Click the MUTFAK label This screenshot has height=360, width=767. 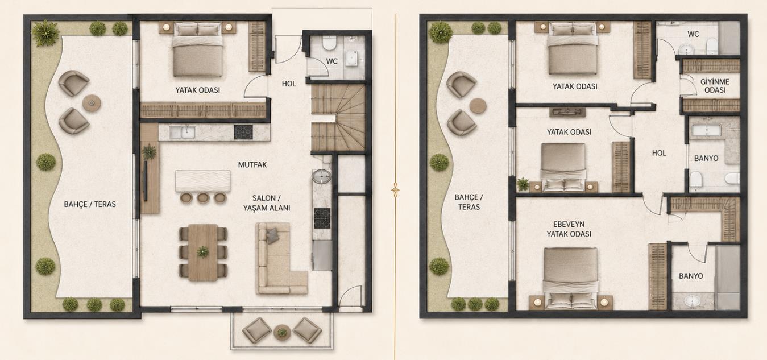click(x=252, y=165)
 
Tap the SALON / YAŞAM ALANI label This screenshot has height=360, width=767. click(x=267, y=203)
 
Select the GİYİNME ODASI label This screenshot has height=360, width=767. click(x=715, y=86)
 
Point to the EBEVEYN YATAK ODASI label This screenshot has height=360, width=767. click(x=569, y=229)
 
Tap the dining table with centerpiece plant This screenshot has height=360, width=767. click(x=203, y=253)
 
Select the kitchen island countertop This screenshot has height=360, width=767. click(x=203, y=181)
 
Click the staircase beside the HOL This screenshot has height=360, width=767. click(x=338, y=118)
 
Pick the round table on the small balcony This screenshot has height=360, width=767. click(x=282, y=332)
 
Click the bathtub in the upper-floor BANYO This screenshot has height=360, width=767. click(x=707, y=130)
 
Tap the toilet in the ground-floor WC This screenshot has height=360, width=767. click(x=329, y=43)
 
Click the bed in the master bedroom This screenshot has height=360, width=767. click(x=571, y=278)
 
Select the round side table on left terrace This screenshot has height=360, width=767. click(x=92, y=102)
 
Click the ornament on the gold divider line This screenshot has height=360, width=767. click(x=396, y=188)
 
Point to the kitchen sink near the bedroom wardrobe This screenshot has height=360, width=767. click(x=183, y=132)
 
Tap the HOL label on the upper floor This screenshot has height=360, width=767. click(x=659, y=153)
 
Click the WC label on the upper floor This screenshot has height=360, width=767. click(x=693, y=34)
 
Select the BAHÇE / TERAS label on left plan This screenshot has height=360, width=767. click(x=90, y=205)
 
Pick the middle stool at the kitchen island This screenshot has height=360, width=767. click(x=203, y=198)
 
